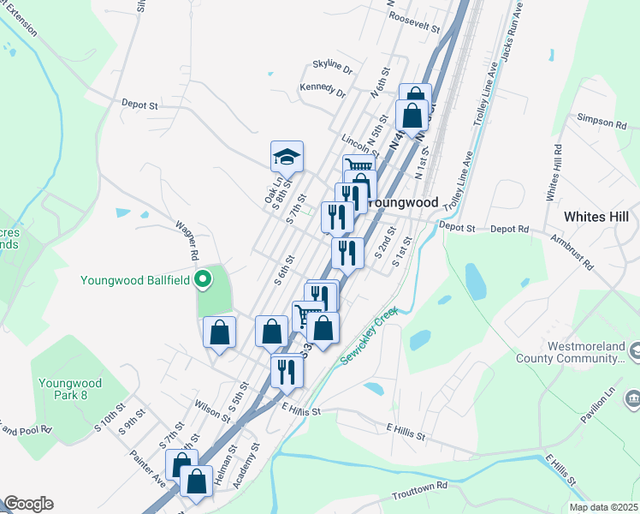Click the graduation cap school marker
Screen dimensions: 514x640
287,156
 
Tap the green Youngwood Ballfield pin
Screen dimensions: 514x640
203,279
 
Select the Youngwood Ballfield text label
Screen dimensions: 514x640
134,279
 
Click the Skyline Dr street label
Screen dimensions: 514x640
333,65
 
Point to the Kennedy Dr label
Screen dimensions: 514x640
323,91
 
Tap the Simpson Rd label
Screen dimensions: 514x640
601,123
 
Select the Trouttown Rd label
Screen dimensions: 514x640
420,486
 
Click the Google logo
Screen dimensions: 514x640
28,504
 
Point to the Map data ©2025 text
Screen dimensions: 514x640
603,507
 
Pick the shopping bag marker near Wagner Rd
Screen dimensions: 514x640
219,332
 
